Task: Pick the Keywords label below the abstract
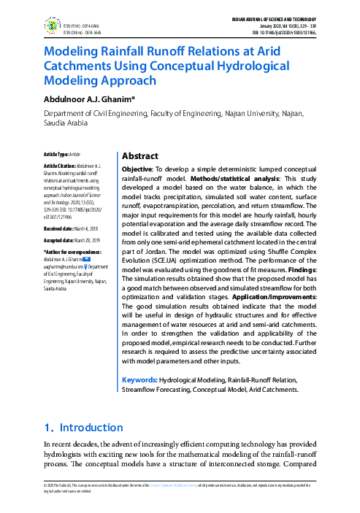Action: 139,380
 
